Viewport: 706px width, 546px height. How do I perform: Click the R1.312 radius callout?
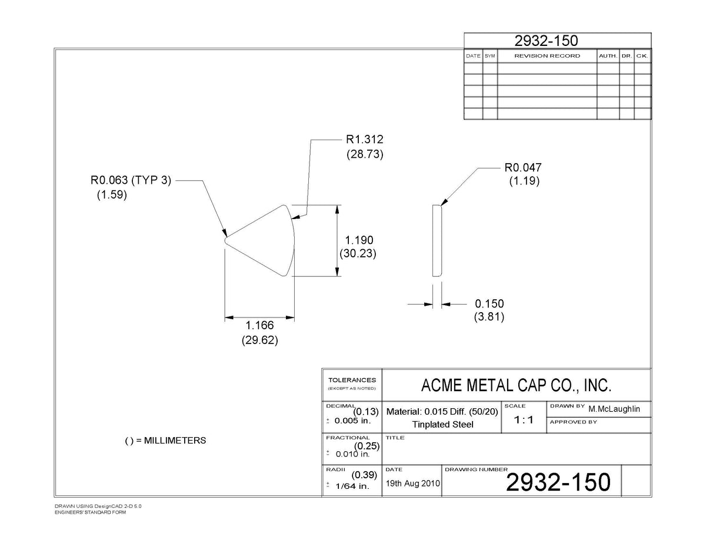365,140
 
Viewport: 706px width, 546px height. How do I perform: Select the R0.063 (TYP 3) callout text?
131,180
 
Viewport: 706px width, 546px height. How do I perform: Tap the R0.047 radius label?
523,167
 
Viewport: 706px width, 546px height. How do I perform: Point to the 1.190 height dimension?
359,240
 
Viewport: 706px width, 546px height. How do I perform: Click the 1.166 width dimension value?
259,325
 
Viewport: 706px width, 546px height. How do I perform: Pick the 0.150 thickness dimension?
489,304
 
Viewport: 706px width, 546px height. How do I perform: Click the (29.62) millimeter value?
259,340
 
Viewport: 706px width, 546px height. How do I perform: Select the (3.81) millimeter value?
489,317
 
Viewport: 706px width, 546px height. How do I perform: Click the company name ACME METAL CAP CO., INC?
516,385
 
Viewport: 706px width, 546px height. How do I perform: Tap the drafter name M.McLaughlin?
614,409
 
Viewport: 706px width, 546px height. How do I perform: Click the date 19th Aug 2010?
412,484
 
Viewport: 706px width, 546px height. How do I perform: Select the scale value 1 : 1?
524,420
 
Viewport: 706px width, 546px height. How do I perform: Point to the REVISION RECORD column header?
547,56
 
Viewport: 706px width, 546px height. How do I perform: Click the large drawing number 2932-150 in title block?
558,482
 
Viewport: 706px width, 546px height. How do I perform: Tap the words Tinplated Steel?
442,425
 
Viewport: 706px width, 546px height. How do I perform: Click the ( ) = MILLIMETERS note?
165,441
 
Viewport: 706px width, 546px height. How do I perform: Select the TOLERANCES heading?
352,380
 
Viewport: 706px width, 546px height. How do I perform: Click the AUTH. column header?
608,56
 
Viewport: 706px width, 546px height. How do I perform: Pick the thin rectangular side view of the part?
437,241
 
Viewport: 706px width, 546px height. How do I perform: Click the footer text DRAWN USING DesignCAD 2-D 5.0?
98,507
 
